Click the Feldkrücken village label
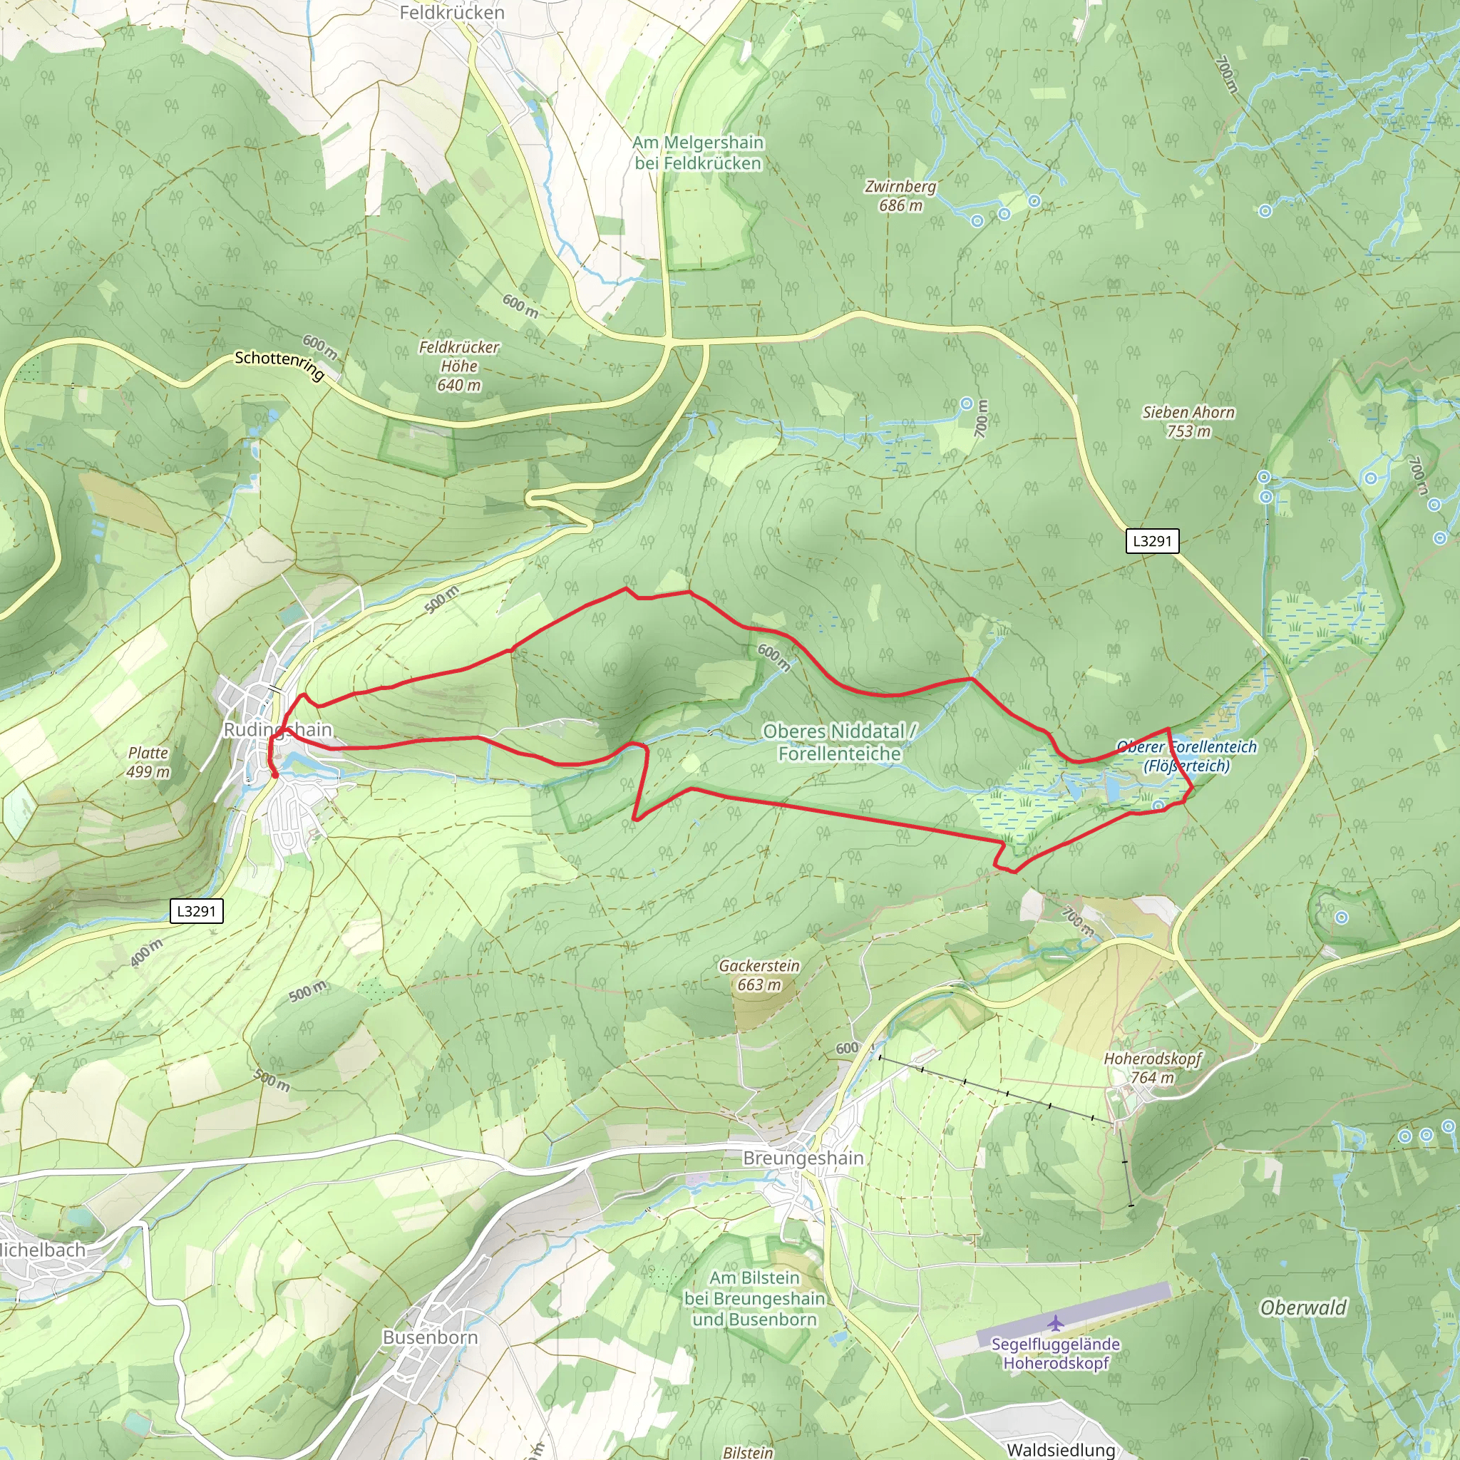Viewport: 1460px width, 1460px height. click(x=451, y=13)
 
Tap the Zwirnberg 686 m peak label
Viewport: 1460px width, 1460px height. click(x=900, y=196)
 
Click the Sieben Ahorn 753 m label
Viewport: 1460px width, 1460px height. click(x=1188, y=422)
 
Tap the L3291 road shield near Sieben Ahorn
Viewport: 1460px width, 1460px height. click(x=1152, y=541)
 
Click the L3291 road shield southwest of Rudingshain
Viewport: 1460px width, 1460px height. click(x=196, y=910)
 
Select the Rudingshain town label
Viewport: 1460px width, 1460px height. click(x=277, y=730)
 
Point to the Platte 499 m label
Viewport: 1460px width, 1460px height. click(x=148, y=762)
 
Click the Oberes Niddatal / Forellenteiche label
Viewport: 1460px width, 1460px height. click(x=839, y=742)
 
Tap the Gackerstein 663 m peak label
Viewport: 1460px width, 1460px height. click(x=759, y=975)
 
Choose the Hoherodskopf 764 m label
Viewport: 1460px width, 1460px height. click(x=1152, y=1068)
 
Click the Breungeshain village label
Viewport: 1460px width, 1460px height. click(x=803, y=1158)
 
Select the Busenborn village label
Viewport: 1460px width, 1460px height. click(x=430, y=1337)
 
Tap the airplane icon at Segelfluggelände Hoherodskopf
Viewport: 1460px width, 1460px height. click(x=1056, y=1323)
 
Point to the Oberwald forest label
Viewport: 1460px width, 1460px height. click(x=1303, y=1308)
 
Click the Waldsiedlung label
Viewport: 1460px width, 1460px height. click(x=1060, y=1449)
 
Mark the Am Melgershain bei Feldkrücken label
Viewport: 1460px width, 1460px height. click(x=697, y=153)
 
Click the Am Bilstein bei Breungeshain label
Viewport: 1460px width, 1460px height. click(x=754, y=1298)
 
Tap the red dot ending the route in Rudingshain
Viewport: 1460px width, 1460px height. click(x=275, y=775)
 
